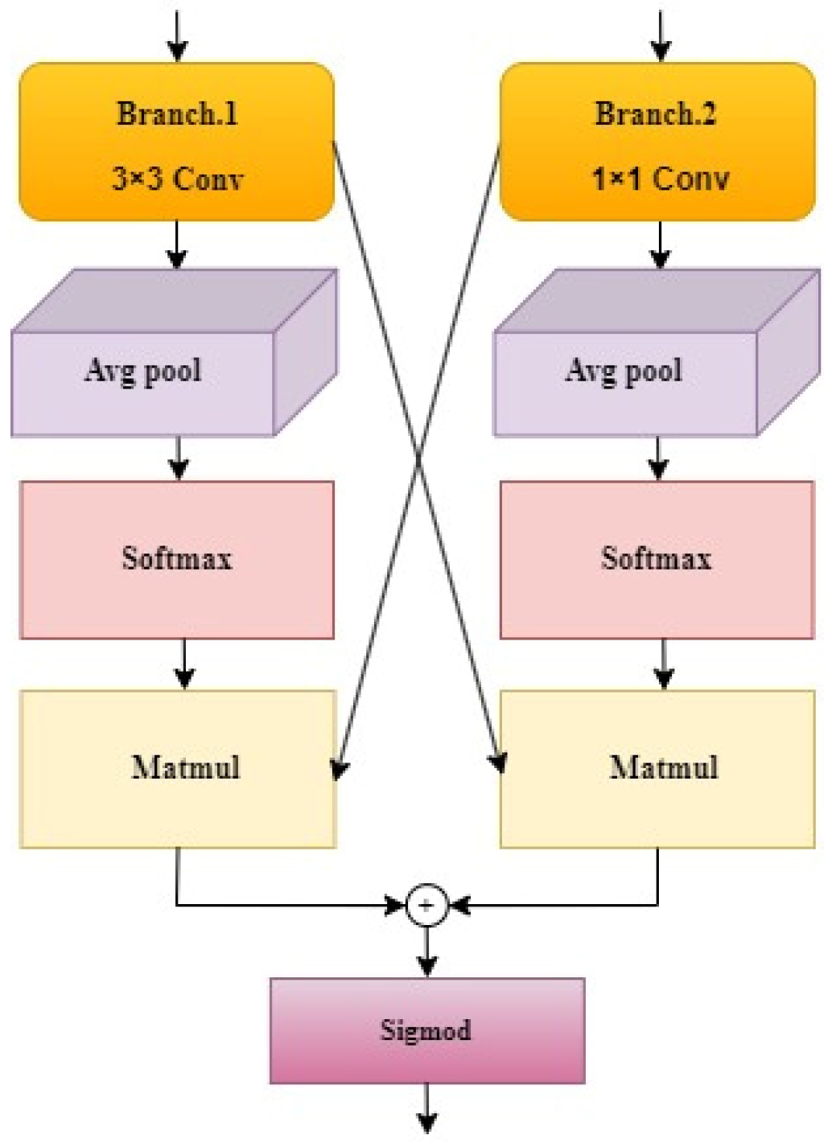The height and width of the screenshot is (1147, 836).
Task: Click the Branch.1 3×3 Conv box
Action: [x=176, y=142]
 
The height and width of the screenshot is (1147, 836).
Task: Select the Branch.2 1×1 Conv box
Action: [x=657, y=142]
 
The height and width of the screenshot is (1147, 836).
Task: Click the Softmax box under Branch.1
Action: [x=177, y=560]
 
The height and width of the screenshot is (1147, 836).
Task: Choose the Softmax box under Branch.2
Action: [x=657, y=560]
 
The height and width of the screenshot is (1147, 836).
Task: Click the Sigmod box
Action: [x=426, y=1030]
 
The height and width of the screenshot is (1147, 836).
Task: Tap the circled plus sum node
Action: [x=426, y=906]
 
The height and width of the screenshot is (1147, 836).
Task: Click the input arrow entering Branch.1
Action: [x=177, y=36]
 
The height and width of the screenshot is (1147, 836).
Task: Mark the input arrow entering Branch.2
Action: [x=661, y=36]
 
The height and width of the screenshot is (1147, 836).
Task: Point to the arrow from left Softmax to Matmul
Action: [x=184, y=664]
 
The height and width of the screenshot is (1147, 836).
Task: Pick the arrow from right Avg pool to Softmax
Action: [x=658, y=458]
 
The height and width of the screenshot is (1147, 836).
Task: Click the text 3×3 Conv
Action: [x=177, y=179]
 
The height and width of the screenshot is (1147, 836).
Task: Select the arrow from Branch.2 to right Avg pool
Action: [x=660, y=245]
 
